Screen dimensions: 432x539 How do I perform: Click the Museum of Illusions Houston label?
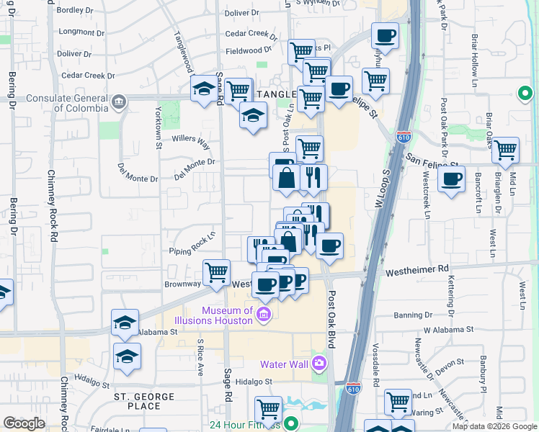point(227,315)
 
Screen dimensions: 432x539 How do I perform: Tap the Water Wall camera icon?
point(320,363)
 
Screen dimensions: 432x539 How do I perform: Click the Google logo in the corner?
point(24,423)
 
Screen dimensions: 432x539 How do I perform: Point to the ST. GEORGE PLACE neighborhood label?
point(144,401)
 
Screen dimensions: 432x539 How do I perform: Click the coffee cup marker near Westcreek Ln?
point(451,179)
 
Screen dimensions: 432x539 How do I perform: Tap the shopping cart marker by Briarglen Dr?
point(506,150)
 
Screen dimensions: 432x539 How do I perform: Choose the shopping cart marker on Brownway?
point(216,272)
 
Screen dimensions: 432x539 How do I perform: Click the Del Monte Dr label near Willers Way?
point(195,168)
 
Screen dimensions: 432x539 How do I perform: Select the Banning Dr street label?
point(413,315)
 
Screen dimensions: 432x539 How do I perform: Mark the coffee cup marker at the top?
point(385,35)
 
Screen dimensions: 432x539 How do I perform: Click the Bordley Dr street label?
point(71,10)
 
